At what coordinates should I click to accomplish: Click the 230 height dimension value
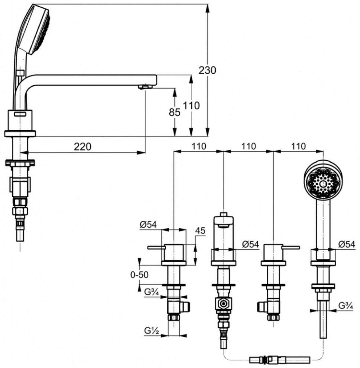207,70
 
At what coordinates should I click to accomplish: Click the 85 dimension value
174,113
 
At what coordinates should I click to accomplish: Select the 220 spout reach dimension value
82,147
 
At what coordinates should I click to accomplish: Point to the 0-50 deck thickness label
139,275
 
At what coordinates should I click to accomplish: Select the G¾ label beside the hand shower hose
346,306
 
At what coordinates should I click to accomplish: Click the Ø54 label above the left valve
148,225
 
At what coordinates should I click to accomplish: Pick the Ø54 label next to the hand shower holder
346,245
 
